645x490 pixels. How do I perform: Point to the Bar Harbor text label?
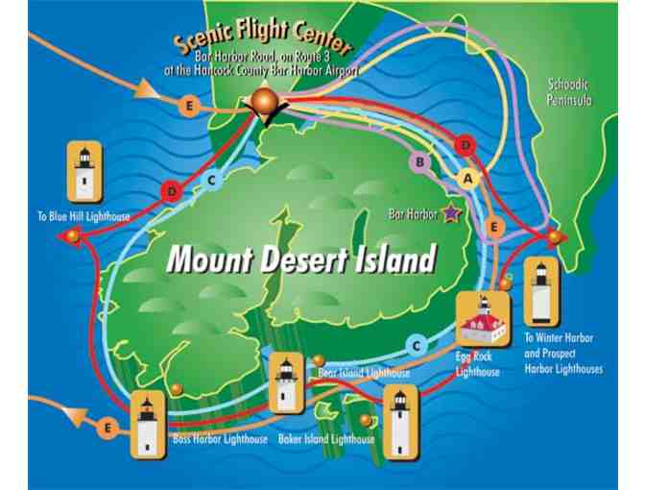coord(415,214)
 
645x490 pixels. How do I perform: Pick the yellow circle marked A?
coord(467,178)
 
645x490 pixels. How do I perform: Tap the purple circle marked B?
coord(420,162)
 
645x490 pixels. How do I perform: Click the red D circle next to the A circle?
coord(466,145)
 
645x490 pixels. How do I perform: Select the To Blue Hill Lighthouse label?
coord(84,217)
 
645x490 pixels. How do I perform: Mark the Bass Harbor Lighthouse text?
coord(220,440)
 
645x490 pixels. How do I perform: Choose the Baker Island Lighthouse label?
coord(326,439)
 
